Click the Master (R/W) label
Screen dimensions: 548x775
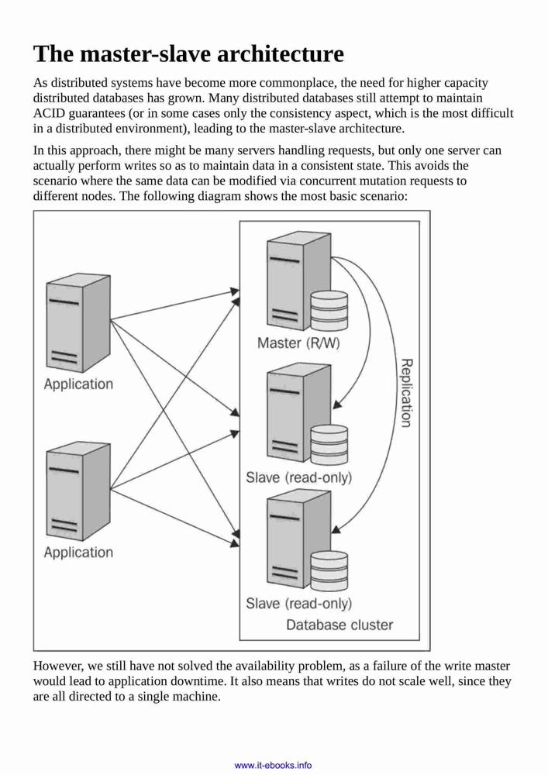[298, 343]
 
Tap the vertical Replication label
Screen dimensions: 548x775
[405, 393]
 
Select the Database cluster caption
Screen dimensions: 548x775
[339, 625]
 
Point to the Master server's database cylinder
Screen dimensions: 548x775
[329, 310]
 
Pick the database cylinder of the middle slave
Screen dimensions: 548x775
[329, 444]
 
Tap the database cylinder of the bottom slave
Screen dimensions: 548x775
[329, 570]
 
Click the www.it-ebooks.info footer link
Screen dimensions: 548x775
[274, 765]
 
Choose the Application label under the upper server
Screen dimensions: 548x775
[78, 384]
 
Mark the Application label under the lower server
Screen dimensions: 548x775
[78, 552]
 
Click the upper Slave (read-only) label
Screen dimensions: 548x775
[299, 477]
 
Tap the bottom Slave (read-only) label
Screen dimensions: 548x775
[299, 604]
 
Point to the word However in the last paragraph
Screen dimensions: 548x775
[54, 666]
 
